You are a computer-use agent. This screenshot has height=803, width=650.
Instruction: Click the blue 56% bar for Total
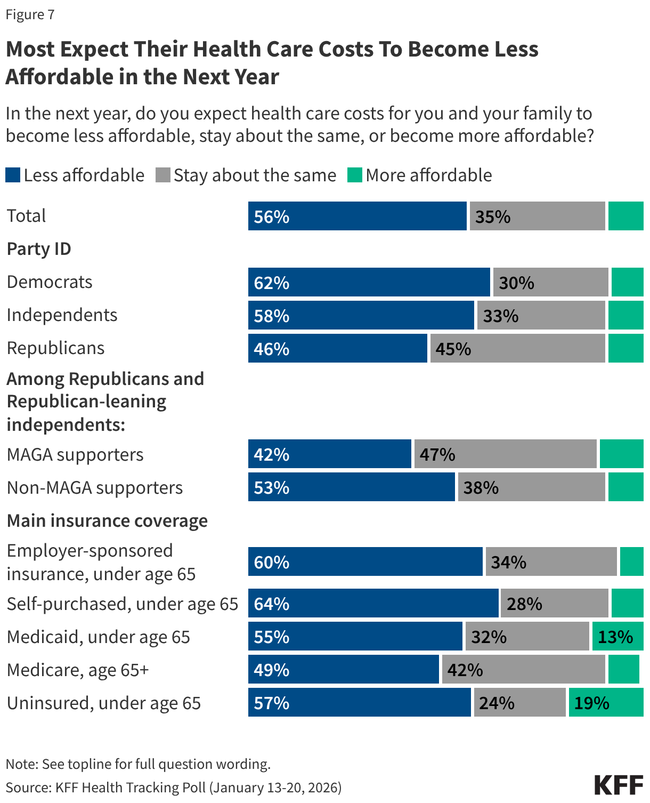click(357, 216)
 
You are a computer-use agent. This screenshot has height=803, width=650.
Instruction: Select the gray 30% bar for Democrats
click(550, 282)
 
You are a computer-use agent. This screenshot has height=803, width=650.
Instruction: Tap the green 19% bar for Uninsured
click(606, 702)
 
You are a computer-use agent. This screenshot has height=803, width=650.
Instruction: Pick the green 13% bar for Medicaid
click(617, 636)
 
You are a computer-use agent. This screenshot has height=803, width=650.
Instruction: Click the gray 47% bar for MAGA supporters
click(505, 454)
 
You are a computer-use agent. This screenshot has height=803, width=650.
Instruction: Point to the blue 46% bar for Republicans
click(337, 348)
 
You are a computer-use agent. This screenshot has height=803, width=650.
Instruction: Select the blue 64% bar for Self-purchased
click(373, 603)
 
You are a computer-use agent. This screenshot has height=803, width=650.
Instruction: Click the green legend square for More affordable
click(355, 175)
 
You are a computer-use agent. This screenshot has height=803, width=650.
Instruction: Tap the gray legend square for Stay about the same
click(162, 175)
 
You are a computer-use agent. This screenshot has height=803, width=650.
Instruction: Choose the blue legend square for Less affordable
click(13, 175)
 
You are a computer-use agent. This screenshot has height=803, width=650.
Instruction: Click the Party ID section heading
click(39, 249)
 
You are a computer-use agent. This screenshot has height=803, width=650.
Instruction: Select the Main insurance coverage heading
click(107, 520)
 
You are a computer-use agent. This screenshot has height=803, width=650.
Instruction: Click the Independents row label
click(62, 315)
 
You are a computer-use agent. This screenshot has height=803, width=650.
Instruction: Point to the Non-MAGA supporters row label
click(95, 488)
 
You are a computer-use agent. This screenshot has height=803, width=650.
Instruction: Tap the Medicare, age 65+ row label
click(78, 670)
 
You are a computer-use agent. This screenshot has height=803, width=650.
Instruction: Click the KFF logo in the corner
click(618, 785)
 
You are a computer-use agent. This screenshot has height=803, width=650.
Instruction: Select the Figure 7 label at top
click(30, 14)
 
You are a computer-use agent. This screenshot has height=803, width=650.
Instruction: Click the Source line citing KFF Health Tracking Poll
click(174, 788)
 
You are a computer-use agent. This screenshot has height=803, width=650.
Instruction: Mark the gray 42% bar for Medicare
click(523, 669)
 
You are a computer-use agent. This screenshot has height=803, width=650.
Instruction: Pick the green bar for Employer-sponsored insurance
click(631, 561)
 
